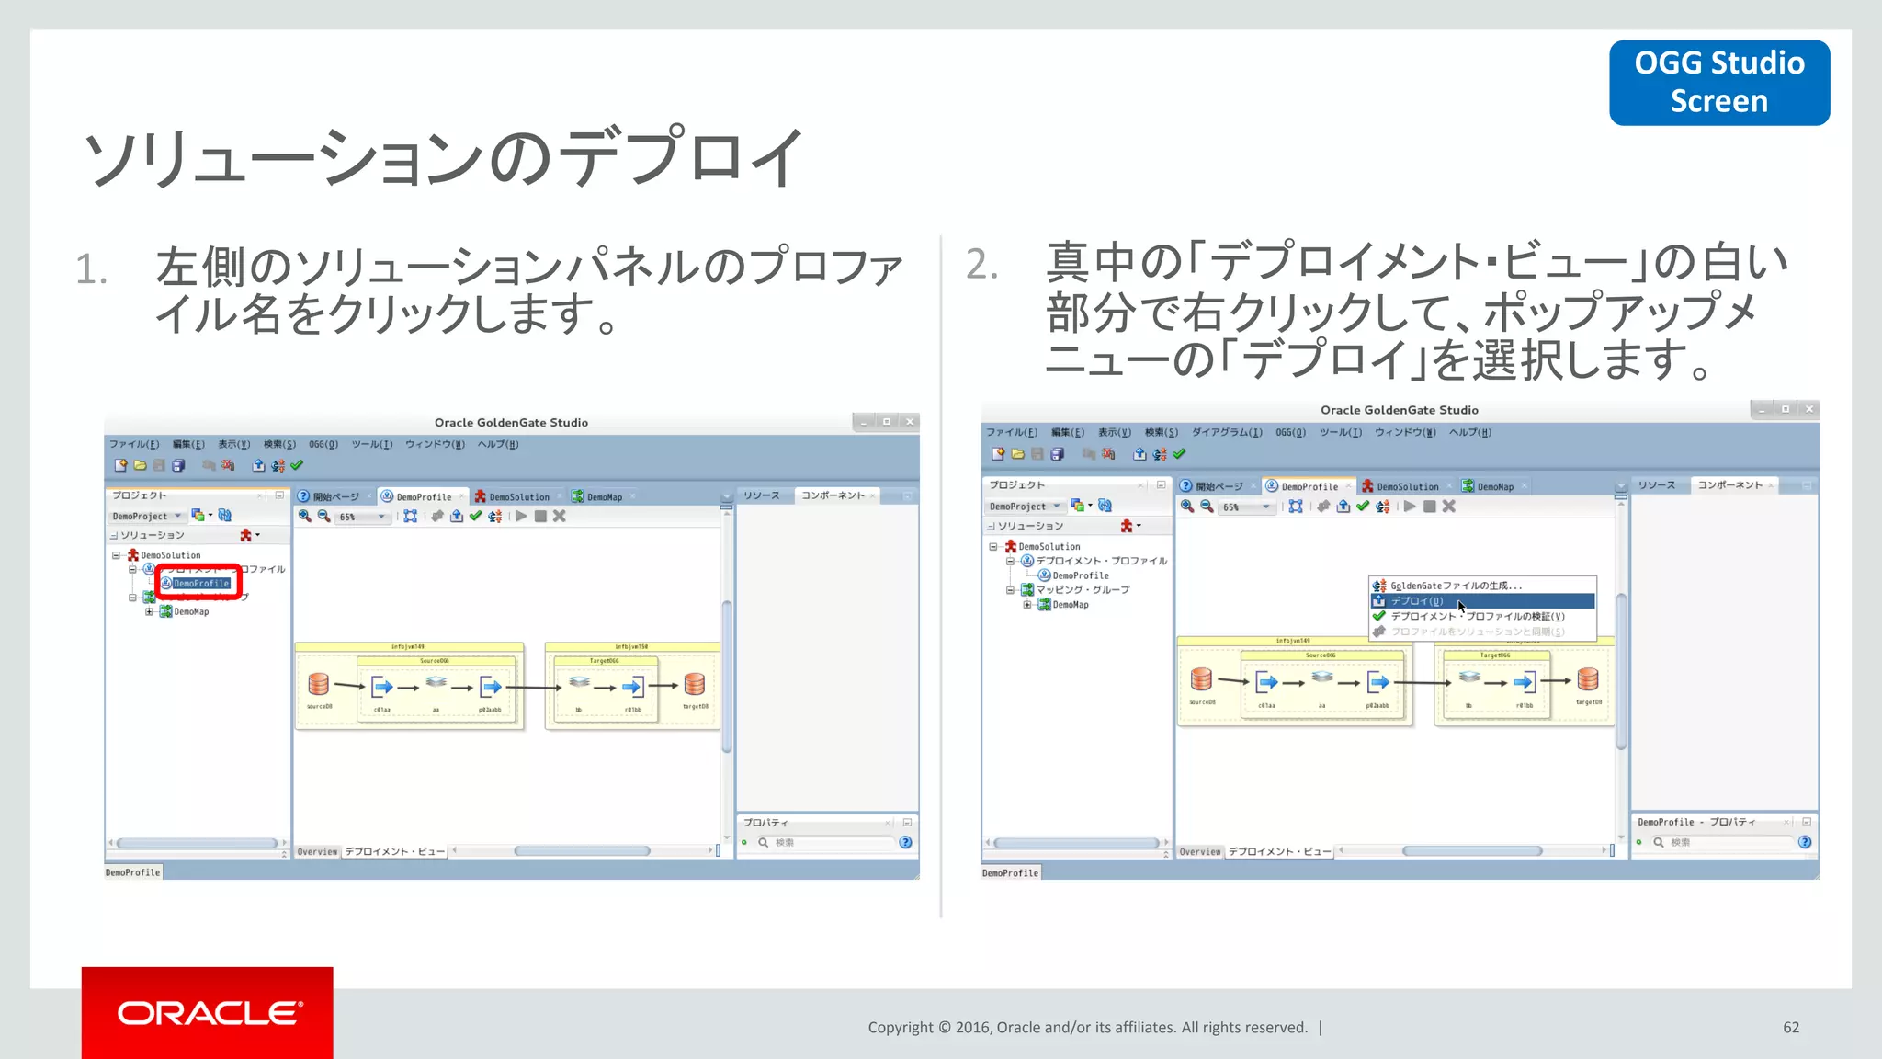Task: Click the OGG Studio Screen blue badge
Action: tap(1718, 82)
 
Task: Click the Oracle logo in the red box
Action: tap(208, 1013)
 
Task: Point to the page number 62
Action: tap(1790, 1027)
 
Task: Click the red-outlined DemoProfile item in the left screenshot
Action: tap(200, 583)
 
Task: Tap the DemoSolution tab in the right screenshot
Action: tap(1406, 486)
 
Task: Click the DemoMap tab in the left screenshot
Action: tap(604, 496)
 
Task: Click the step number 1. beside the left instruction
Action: tap(91, 270)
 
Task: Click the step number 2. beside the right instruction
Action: tap(981, 265)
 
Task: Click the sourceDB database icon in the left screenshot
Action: tap(318, 684)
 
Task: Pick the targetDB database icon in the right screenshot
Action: tap(1588, 679)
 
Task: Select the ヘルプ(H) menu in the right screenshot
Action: tap(1469, 432)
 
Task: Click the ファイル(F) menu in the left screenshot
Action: tap(134, 444)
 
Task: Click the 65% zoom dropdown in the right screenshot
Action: tap(1245, 507)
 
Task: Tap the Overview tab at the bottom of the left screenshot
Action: tap(317, 851)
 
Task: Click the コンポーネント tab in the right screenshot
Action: tap(1729, 484)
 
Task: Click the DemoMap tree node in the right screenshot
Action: tap(1070, 605)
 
